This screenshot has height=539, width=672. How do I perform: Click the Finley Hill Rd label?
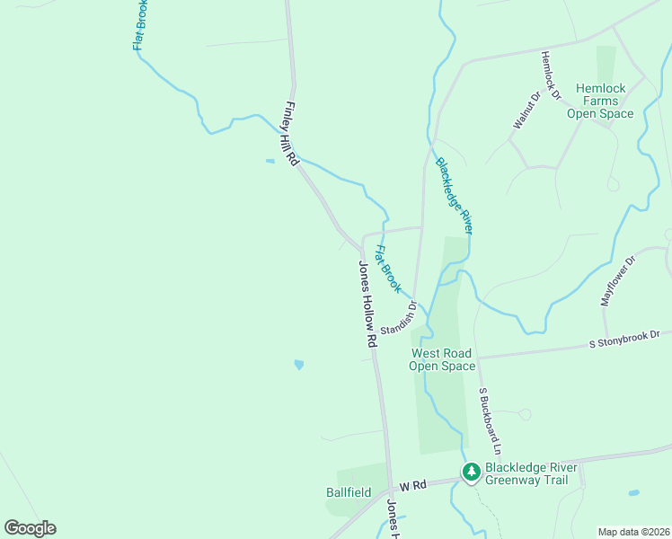292,133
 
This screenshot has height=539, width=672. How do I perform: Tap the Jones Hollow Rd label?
366,304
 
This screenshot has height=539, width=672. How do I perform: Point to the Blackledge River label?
454,195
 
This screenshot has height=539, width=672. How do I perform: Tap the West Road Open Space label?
442,359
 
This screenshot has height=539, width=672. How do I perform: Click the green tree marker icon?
471,472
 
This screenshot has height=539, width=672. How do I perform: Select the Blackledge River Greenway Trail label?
526,473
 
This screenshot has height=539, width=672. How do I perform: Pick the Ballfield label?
349,492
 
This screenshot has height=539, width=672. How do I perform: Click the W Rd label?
411,485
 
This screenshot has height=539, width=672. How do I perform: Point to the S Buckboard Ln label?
489,420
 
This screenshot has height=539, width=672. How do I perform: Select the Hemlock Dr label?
550,75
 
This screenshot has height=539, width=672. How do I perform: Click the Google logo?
30,528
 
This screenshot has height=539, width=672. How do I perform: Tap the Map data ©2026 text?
633,532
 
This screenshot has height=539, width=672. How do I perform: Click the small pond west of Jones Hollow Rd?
298,365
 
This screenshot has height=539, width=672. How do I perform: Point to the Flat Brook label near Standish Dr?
386,269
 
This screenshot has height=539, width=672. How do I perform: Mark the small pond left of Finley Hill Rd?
270,162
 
